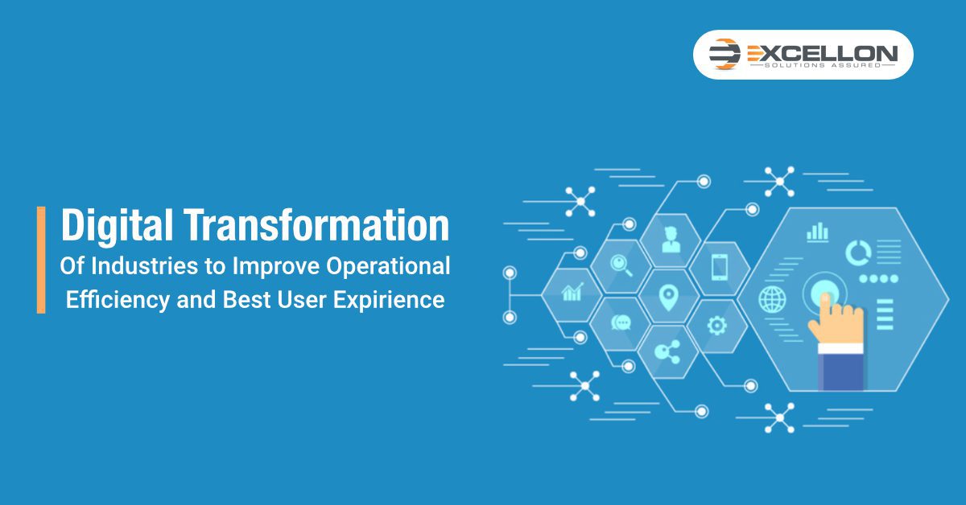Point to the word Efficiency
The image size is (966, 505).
point(118,300)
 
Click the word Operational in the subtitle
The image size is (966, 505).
point(388,267)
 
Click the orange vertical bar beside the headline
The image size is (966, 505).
point(41,260)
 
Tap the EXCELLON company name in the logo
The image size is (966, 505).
point(823,53)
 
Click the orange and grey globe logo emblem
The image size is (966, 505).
point(724,54)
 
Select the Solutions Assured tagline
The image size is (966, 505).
point(823,65)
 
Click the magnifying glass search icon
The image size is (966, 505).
point(621,265)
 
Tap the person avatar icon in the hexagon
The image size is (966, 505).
point(671,240)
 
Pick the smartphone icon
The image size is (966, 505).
point(720,267)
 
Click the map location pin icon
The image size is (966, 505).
point(668,298)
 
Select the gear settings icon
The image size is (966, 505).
point(717,326)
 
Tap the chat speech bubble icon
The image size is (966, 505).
point(621,322)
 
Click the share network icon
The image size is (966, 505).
point(667,352)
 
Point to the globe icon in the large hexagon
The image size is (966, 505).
point(772,299)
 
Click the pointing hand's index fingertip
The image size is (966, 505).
point(825,297)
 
